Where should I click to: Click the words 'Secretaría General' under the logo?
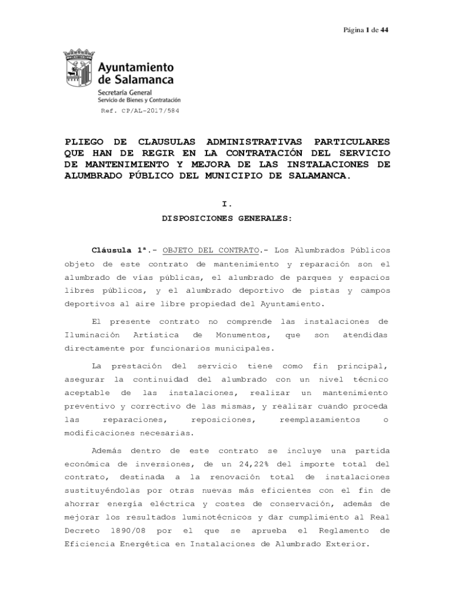click(x=125, y=93)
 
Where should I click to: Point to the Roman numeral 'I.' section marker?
click(x=227, y=204)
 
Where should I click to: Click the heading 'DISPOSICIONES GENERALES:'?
click(x=227, y=218)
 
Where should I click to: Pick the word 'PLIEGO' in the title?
click(x=87, y=142)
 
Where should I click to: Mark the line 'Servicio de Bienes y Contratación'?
click(x=139, y=101)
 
